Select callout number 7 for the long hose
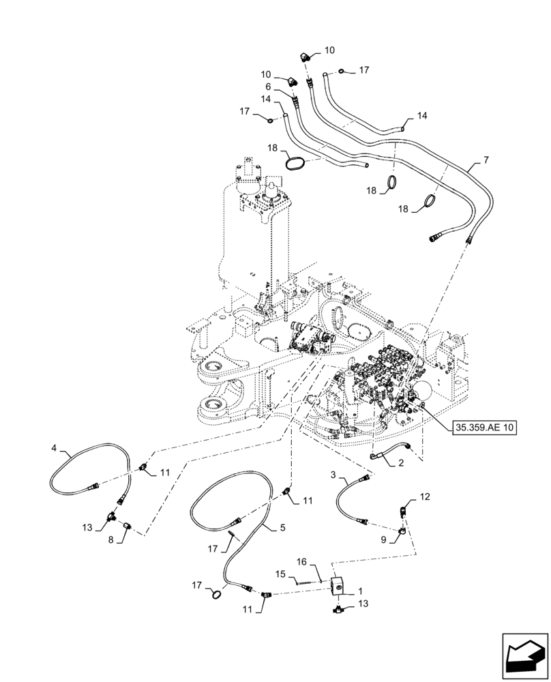(486, 160)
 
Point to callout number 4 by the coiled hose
(53, 449)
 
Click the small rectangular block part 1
(338, 584)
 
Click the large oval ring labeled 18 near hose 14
(297, 164)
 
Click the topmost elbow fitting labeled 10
(306, 58)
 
